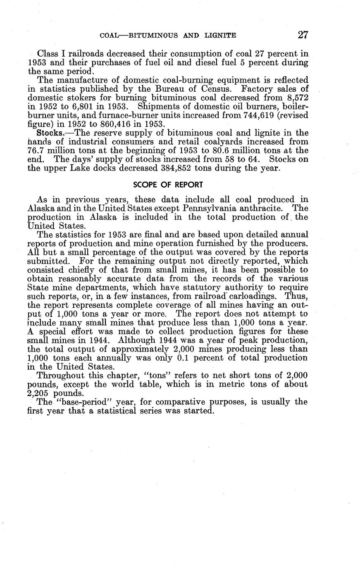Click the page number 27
pyautogui.click(x=303, y=35)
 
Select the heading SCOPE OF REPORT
pyautogui.click(x=168, y=184)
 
